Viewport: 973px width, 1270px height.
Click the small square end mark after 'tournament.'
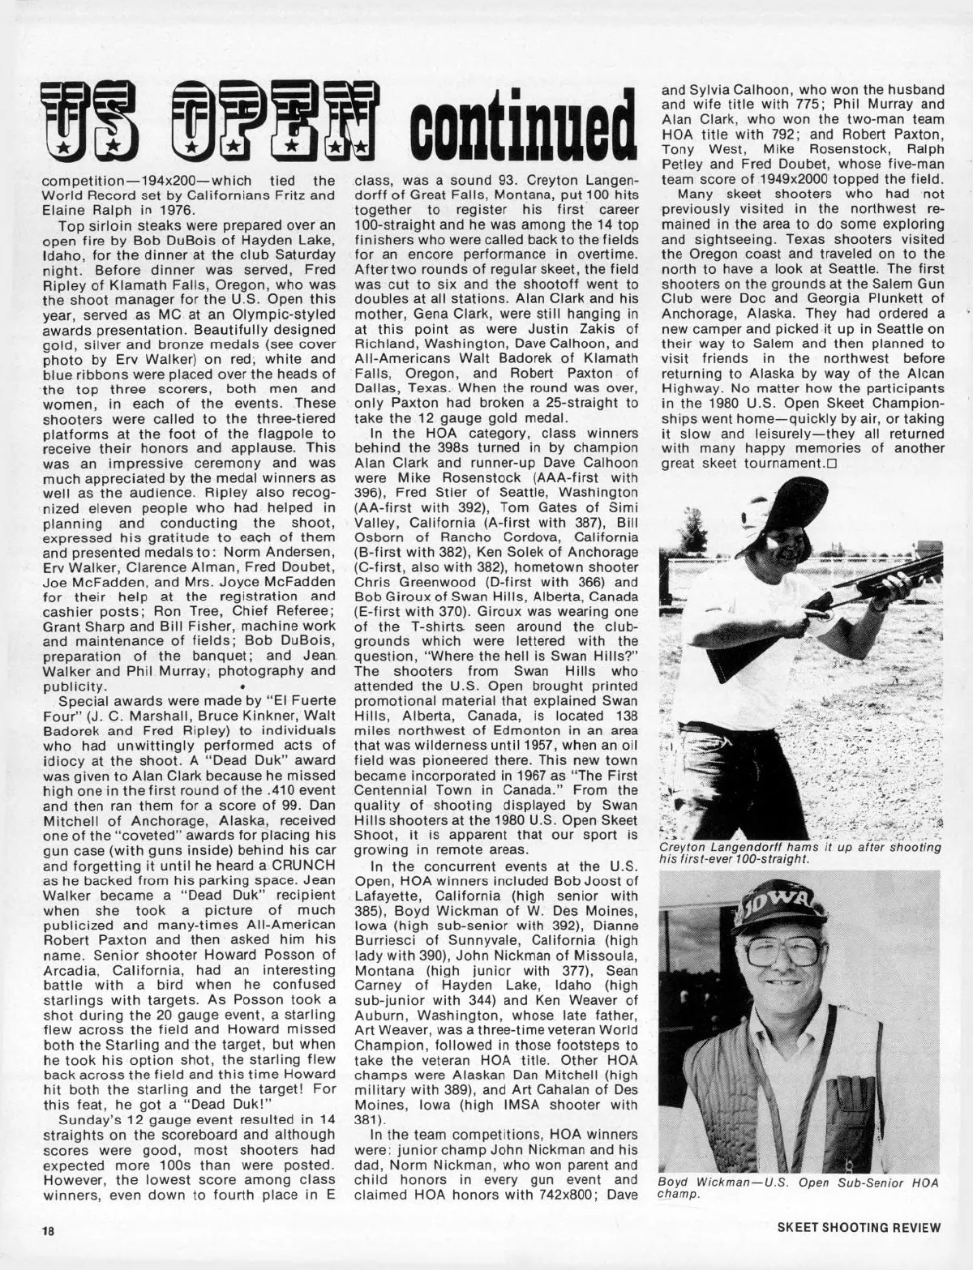click(x=831, y=464)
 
